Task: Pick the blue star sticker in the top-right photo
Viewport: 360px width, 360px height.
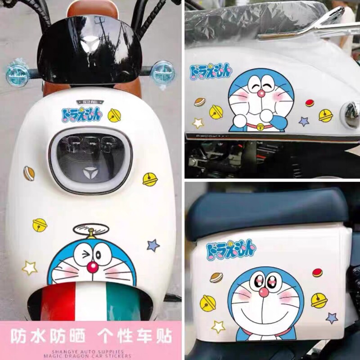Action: coord(304,121)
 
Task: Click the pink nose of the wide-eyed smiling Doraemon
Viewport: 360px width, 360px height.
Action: coord(264,292)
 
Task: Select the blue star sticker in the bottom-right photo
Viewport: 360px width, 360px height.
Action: coord(332,318)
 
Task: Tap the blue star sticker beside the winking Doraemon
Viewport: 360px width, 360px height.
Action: coord(153,245)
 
